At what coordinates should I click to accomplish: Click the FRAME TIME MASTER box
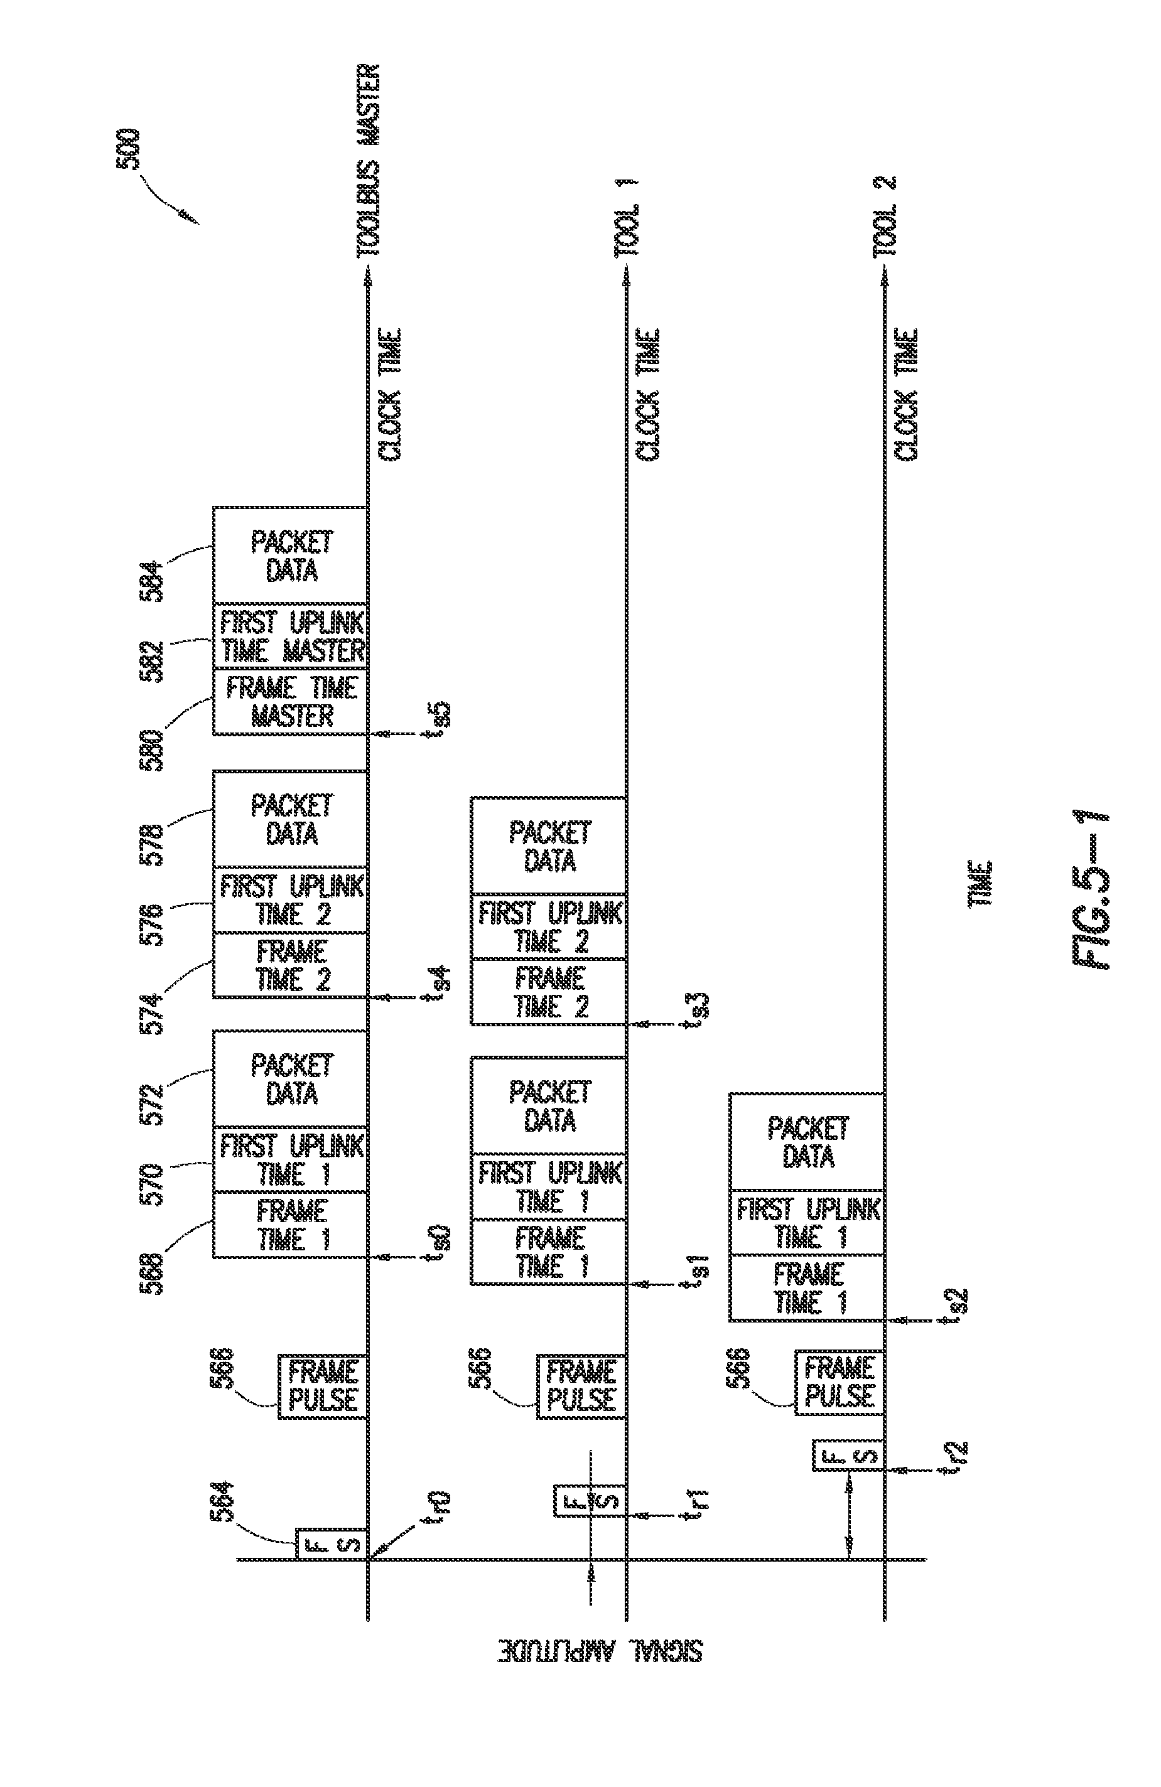[291, 701]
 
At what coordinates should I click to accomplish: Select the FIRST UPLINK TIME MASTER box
[291, 635]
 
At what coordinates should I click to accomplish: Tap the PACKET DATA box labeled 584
[291, 555]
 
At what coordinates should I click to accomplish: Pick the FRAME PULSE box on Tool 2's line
[840, 1382]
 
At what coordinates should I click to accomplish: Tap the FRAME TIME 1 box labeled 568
[291, 1225]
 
